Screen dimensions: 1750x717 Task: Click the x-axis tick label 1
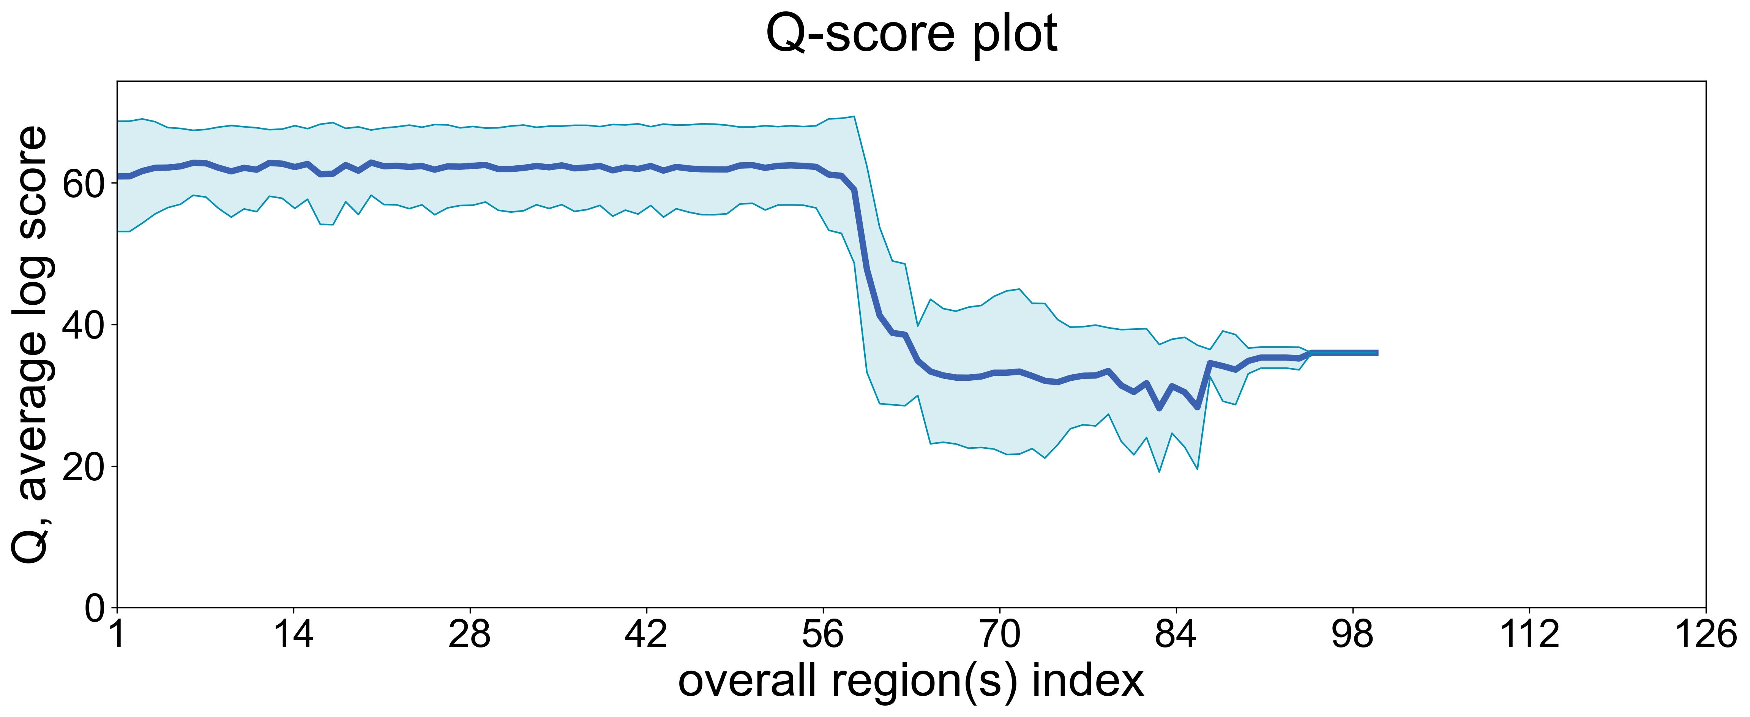pos(118,635)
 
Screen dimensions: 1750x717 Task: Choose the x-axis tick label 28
pos(469,635)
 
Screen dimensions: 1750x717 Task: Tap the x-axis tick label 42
pos(646,635)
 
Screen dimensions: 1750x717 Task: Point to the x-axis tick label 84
pos(1176,635)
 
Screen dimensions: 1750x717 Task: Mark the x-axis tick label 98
pos(1352,635)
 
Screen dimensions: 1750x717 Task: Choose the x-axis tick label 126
pos(1705,635)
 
